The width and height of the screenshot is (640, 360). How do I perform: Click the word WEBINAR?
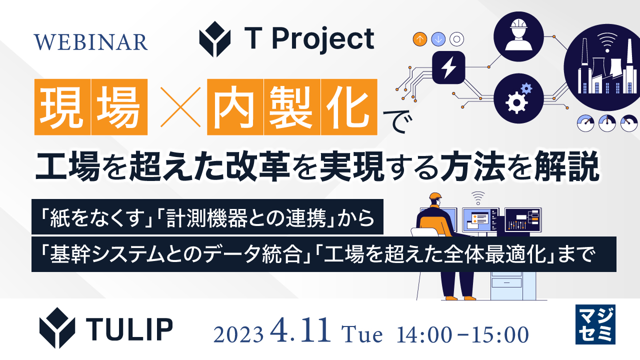(91, 42)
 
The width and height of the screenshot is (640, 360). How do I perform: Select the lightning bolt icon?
(448, 67)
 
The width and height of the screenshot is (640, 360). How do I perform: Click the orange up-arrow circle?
(420, 39)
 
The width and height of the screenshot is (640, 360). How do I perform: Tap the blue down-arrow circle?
(438, 39)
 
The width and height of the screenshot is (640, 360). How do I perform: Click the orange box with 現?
(62, 106)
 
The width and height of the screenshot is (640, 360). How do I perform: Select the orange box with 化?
(349, 106)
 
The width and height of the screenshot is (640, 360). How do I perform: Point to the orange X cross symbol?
(177, 106)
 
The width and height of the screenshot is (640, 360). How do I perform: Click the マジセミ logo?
(595, 324)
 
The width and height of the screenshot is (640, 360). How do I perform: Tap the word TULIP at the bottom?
(130, 327)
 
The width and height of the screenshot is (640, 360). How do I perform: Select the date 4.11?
(301, 332)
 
